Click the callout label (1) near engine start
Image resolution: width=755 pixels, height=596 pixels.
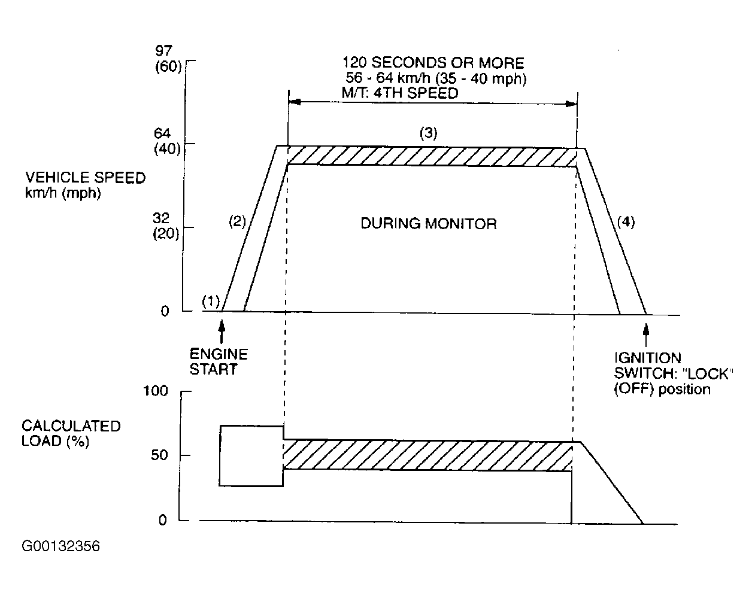click(x=211, y=301)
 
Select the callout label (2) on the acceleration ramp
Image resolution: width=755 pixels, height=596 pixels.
click(x=238, y=222)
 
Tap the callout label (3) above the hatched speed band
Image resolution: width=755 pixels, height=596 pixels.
click(x=427, y=133)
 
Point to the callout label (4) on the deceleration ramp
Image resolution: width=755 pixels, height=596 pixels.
click(x=625, y=222)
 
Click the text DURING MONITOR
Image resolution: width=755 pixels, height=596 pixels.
click(x=429, y=224)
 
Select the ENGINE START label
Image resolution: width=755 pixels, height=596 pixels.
click(x=219, y=361)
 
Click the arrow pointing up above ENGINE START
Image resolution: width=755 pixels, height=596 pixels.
click(x=222, y=332)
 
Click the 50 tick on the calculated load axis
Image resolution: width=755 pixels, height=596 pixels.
click(x=159, y=455)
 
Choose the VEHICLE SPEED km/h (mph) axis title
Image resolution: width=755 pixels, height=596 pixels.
click(x=85, y=185)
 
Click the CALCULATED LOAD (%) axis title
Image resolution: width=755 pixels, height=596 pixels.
click(x=71, y=433)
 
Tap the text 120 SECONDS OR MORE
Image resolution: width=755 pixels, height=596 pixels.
click(x=433, y=63)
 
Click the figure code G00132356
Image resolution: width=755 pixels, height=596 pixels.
click(x=60, y=546)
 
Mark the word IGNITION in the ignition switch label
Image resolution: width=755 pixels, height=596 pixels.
click(x=648, y=358)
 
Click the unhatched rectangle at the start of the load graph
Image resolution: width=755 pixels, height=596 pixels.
click(x=251, y=455)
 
